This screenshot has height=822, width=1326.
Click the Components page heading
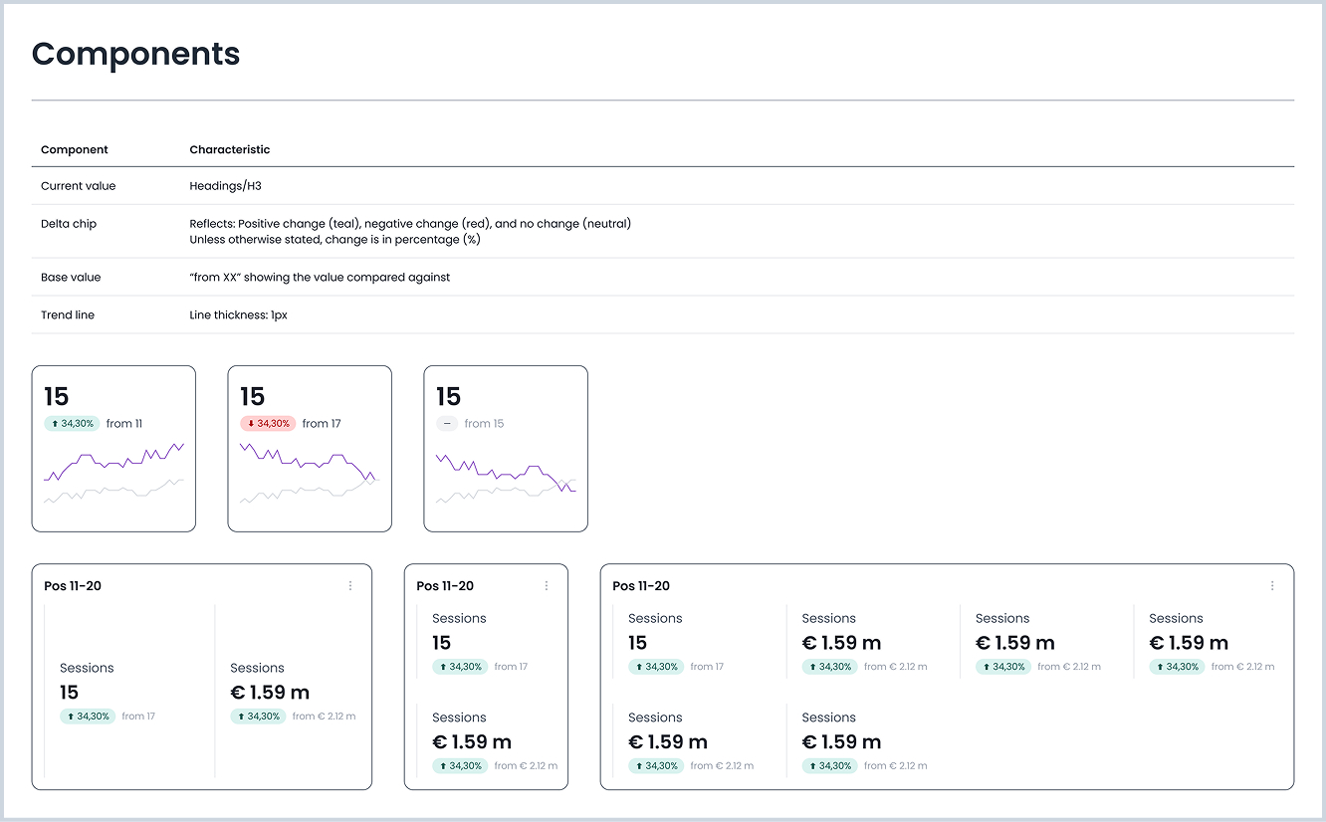135,54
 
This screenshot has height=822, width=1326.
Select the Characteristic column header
229,149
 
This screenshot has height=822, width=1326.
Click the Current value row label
78,186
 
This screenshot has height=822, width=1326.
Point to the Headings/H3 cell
225,186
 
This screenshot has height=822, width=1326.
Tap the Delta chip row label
69,224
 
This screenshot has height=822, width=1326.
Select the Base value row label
71,278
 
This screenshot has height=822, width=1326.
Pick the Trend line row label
68,315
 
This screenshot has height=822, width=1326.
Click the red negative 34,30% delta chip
268,424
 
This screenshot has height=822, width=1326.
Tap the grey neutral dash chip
447,424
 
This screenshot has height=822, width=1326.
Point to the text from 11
124,424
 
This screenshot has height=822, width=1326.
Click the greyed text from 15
484,424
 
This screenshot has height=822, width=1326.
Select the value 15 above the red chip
253,397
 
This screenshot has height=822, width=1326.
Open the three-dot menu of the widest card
1272,586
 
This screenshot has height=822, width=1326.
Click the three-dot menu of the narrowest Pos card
547,586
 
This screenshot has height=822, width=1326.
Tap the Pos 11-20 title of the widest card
641,586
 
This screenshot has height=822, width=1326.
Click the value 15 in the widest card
638,643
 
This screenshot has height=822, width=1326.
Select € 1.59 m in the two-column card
270,693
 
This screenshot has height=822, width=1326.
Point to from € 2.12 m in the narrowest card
526,766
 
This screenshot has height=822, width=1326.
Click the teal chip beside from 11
72,424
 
